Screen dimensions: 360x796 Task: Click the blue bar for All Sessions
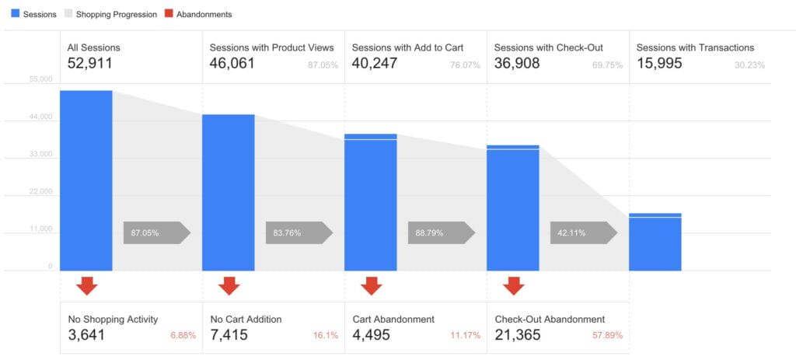coord(86,180)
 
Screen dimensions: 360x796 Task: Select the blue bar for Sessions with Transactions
coord(655,243)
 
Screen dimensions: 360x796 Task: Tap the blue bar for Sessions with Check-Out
coord(512,208)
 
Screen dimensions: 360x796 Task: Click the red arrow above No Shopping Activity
coord(87,285)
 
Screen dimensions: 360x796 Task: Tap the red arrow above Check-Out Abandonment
coord(513,285)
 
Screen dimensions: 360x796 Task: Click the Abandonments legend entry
coord(198,14)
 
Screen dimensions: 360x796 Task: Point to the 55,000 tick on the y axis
coord(40,80)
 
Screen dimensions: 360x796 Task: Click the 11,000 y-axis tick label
coord(40,229)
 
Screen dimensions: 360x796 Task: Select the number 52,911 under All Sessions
coord(89,64)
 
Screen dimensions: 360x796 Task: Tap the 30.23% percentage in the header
coord(749,65)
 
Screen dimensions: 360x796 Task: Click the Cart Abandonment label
coord(393,319)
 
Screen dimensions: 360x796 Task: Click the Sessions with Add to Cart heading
coord(407,47)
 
